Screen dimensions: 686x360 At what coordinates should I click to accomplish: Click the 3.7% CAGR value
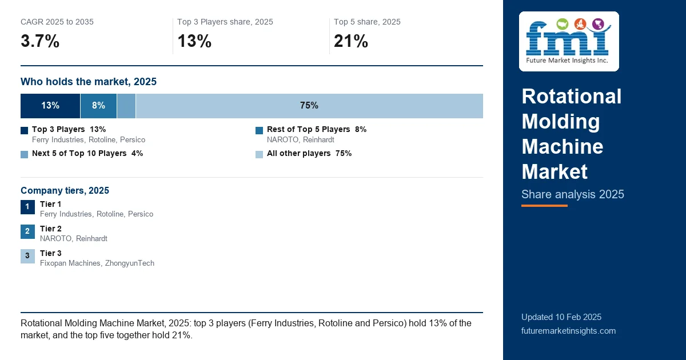(40, 41)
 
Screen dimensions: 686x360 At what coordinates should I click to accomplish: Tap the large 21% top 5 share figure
(351, 41)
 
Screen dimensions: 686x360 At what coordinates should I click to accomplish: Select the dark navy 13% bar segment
(50, 106)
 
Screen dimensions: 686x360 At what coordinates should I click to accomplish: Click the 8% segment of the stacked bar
(98, 106)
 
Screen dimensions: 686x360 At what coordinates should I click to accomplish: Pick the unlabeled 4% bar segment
(126, 106)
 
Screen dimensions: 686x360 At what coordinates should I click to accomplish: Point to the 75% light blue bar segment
(309, 106)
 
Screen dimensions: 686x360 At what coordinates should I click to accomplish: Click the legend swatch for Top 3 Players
(24, 130)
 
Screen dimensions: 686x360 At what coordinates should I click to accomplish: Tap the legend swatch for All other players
(259, 154)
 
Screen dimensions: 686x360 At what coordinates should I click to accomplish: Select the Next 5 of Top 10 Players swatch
(24, 154)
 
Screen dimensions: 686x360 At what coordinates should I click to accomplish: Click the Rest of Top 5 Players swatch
(259, 130)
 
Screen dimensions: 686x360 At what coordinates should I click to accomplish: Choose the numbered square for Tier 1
(27, 207)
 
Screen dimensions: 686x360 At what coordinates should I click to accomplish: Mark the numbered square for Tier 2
(27, 231)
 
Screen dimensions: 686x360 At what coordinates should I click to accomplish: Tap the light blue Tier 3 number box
(27, 256)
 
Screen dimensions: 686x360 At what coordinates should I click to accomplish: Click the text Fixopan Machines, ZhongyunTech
(97, 263)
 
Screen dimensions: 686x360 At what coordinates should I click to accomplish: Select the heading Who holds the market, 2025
(89, 82)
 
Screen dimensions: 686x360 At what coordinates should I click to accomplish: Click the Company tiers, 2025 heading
(65, 190)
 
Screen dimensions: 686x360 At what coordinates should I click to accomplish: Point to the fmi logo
(569, 41)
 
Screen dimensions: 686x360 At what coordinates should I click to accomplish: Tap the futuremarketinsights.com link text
(568, 331)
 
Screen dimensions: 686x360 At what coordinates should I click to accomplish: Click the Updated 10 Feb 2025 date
(561, 317)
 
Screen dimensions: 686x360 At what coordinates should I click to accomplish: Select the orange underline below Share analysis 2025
(544, 206)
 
